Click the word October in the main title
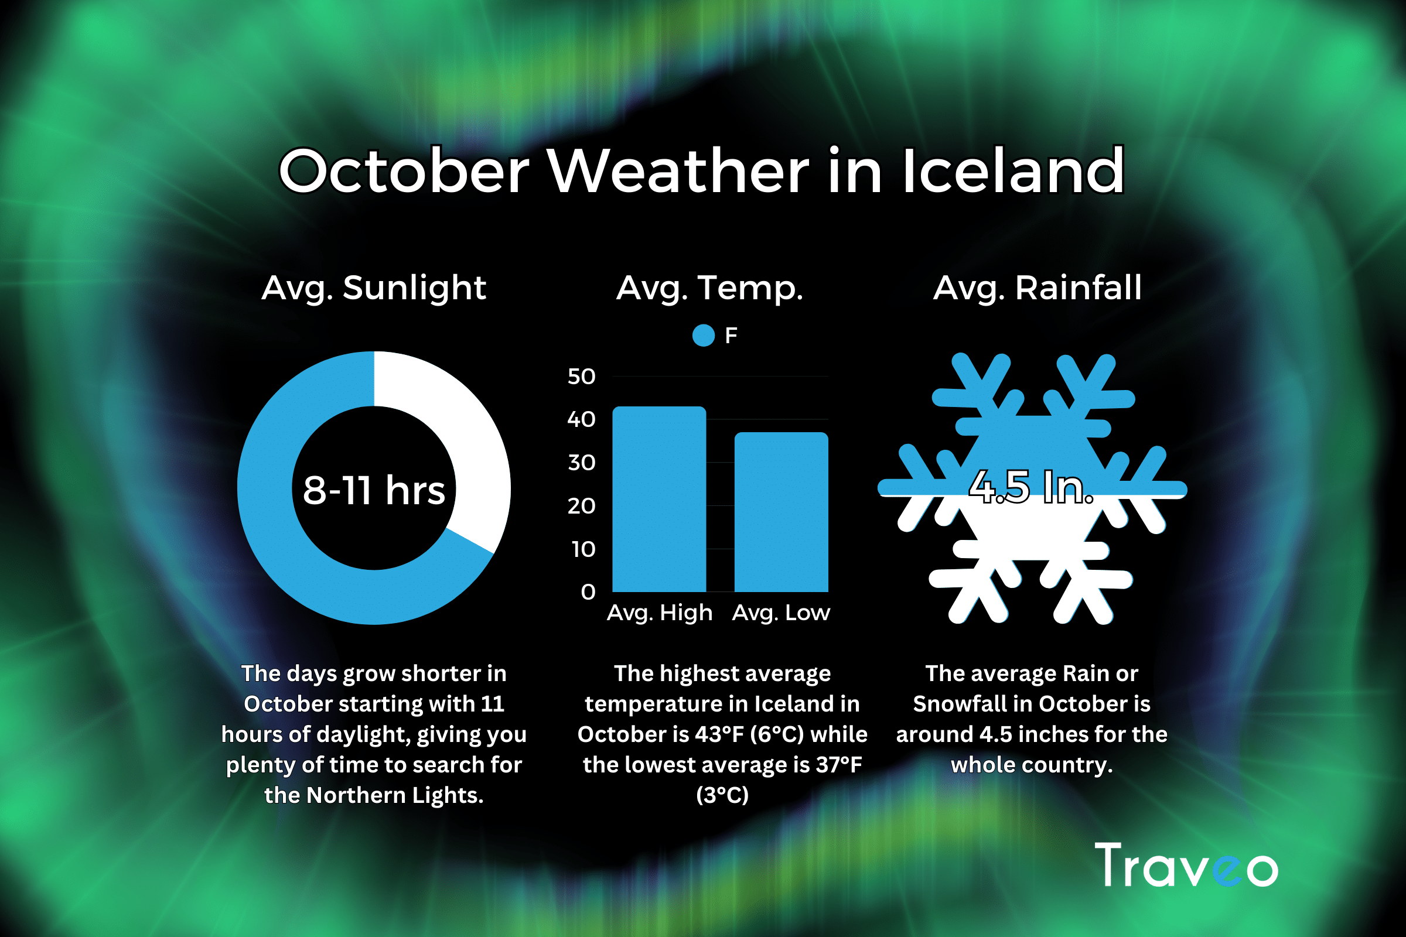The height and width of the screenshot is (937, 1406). pyautogui.click(x=405, y=171)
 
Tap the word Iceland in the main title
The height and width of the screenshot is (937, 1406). pyautogui.click(x=1013, y=171)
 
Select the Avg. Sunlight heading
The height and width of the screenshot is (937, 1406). pyautogui.click(x=374, y=288)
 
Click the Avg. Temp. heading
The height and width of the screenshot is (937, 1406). pyautogui.click(x=709, y=288)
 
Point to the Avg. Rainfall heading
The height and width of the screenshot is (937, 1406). pyautogui.click(x=1038, y=288)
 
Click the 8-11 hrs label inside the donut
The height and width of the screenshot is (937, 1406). pyautogui.click(x=374, y=490)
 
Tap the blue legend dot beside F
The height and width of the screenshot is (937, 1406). pyautogui.click(x=704, y=335)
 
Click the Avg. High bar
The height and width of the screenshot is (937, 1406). pyautogui.click(x=660, y=499)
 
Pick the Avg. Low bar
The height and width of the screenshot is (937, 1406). pyautogui.click(x=782, y=512)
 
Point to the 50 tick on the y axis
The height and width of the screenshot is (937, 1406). pyautogui.click(x=582, y=377)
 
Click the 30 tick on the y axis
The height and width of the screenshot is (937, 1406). pyautogui.click(x=582, y=463)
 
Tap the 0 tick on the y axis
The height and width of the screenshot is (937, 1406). pyautogui.click(x=588, y=592)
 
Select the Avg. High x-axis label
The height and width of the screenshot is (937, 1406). pyautogui.click(x=660, y=613)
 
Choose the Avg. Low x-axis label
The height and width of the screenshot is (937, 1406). pyautogui.click(x=782, y=613)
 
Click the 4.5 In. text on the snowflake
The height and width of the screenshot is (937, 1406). pyautogui.click(x=1031, y=487)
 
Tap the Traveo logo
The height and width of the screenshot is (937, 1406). pyautogui.click(x=1187, y=865)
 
